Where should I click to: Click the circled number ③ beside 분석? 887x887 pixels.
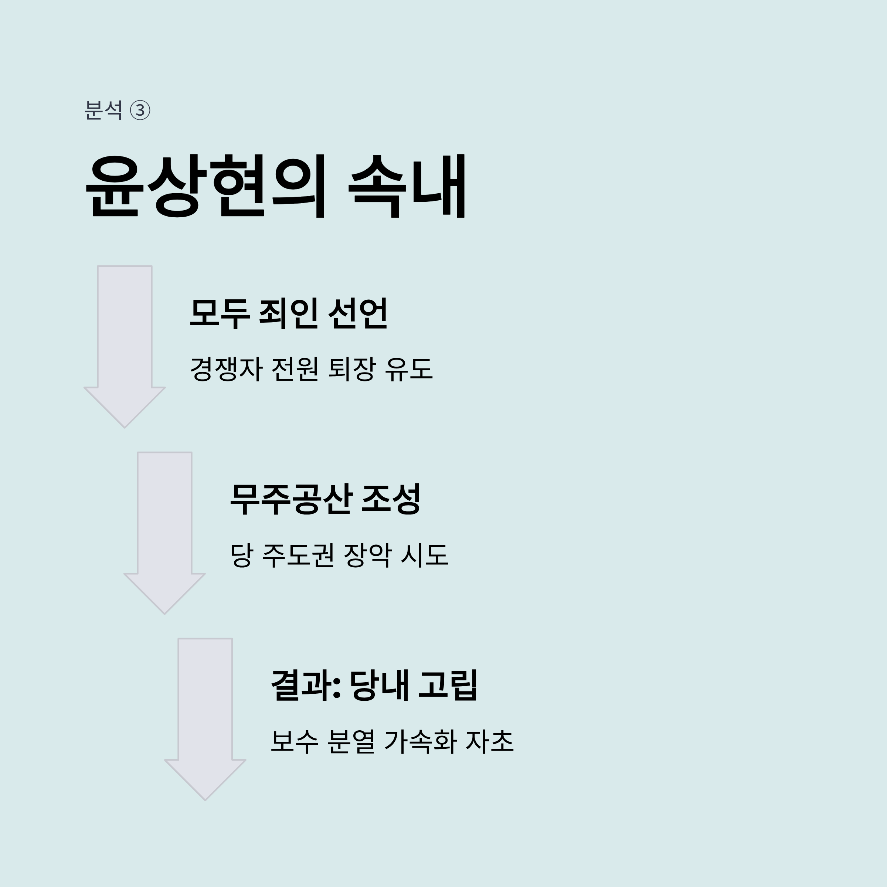pos(140,111)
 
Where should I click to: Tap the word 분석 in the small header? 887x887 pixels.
pos(103,111)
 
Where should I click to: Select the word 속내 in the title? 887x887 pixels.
pos(408,186)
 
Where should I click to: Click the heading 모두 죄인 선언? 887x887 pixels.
pos(289,313)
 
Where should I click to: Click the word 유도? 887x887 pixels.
pos(409,369)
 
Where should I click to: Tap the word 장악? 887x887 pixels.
pos(368,555)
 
